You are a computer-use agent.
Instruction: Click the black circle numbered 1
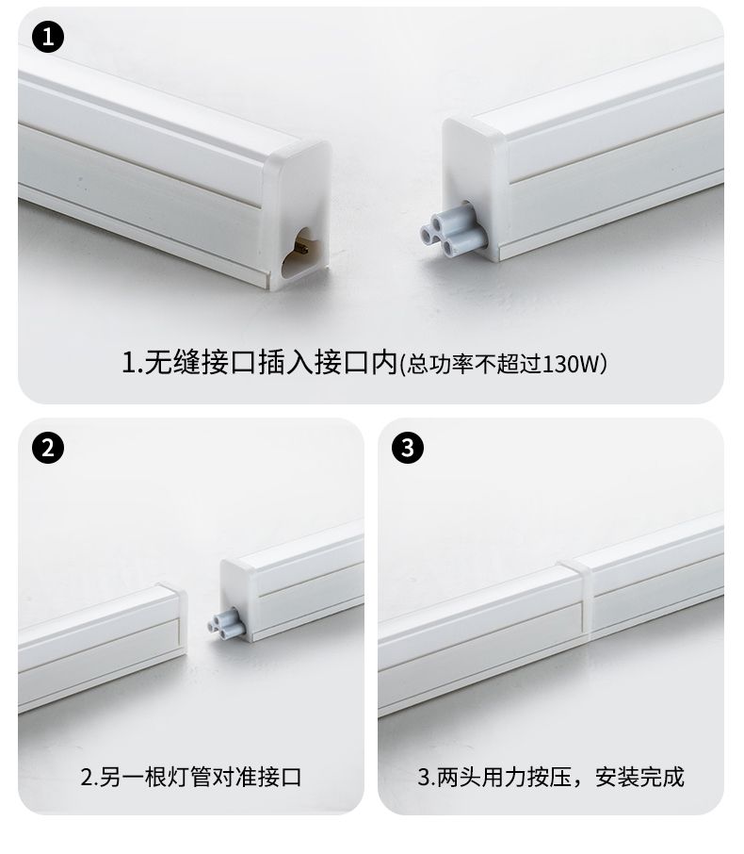[48, 37]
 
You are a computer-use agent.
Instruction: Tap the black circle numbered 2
[48, 448]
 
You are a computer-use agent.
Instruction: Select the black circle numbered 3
[408, 448]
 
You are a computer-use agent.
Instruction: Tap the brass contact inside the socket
[301, 249]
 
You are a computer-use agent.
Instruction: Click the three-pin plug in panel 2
[226, 623]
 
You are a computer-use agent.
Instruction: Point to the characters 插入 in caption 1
[285, 362]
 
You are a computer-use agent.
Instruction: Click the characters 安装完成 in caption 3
[639, 777]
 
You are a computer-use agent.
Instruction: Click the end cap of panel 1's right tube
[473, 188]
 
